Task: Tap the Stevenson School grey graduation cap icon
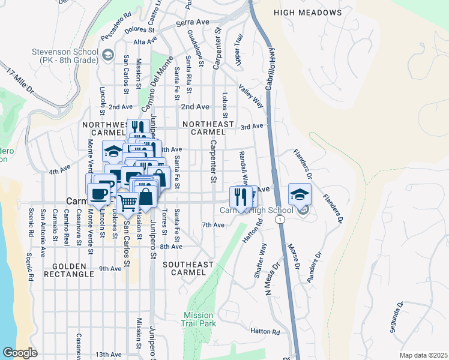107,55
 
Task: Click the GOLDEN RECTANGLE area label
73,270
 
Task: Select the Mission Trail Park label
198,319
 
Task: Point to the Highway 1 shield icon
280,220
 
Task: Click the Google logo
20,353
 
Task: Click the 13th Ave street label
108,355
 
